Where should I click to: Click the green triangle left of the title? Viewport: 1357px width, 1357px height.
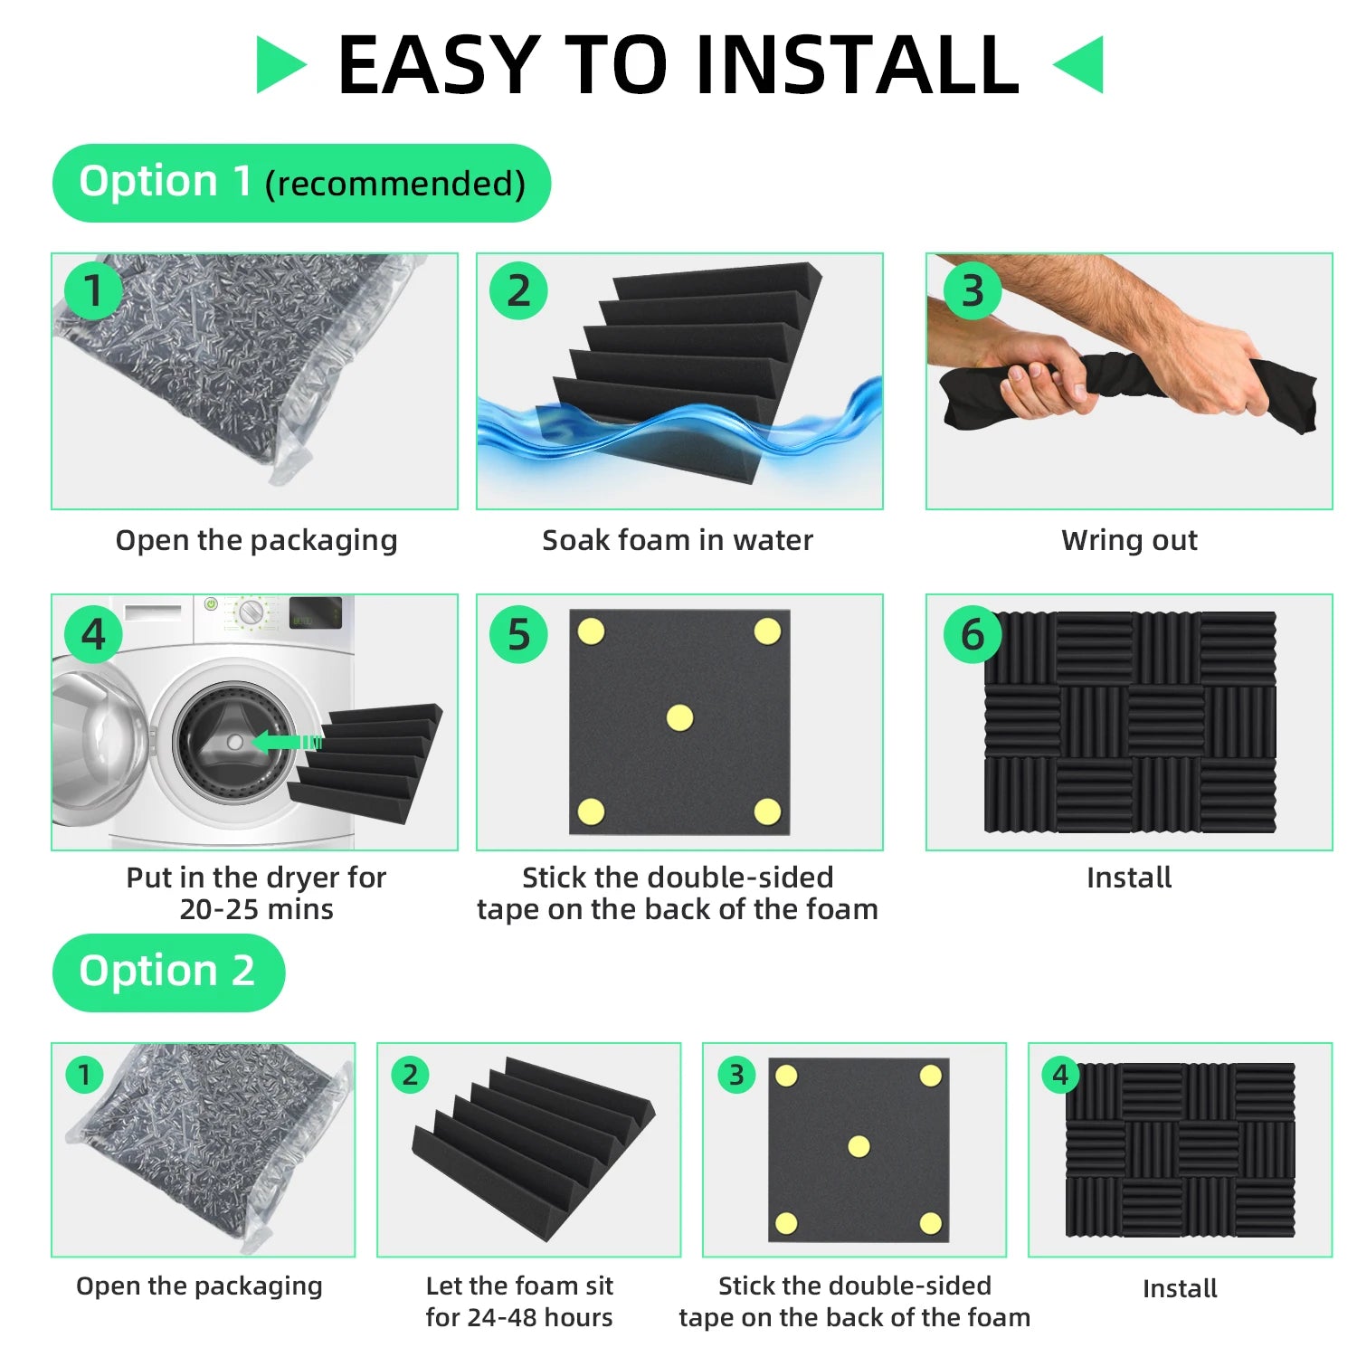pyautogui.click(x=278, y=65)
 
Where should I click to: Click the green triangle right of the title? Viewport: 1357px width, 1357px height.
pyautogui.click(x=1082, y=65)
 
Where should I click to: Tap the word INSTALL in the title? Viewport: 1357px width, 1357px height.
pyautogui.click(x=859, y=65)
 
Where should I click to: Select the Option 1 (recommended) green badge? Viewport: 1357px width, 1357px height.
pyautogui.click(x=301, y=183)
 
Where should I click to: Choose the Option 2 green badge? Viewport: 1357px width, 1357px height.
pyautogui.click(x=168, y=973)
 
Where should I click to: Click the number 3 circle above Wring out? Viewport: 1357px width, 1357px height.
pyautogui.click(x=973, y=290)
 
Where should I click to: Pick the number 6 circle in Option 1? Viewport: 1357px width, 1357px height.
pyautogui.click(x=973, y=634)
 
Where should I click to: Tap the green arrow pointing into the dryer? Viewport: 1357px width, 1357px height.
pyautogui.click(x=287, y=742)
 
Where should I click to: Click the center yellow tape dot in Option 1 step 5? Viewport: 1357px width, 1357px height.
pyautogui.click(x=679, y=718)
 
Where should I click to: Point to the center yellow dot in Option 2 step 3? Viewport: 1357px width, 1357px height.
pyautogui.click(x=859, y=1147)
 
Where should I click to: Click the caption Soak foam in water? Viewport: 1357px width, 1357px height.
pyautogui.click(x=678, y=540)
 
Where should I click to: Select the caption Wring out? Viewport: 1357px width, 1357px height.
pyautogui.click(x=1129, y=540)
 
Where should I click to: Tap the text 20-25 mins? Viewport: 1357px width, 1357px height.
pyautogui.click(x=256, y=909)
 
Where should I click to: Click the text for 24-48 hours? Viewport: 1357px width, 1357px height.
pyautogui.click(x=519, y=1317)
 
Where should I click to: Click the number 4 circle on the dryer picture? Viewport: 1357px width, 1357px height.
pyautogui.click(x=94, y=634)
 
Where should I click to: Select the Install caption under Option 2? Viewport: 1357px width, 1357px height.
pyautogui.click(x=1180, y=1288)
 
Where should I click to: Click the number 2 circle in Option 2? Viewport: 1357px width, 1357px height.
pyautogui.click(x=410, y=1075)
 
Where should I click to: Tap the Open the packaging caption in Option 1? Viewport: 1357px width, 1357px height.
pyautogui.click(x=256, y=540)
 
